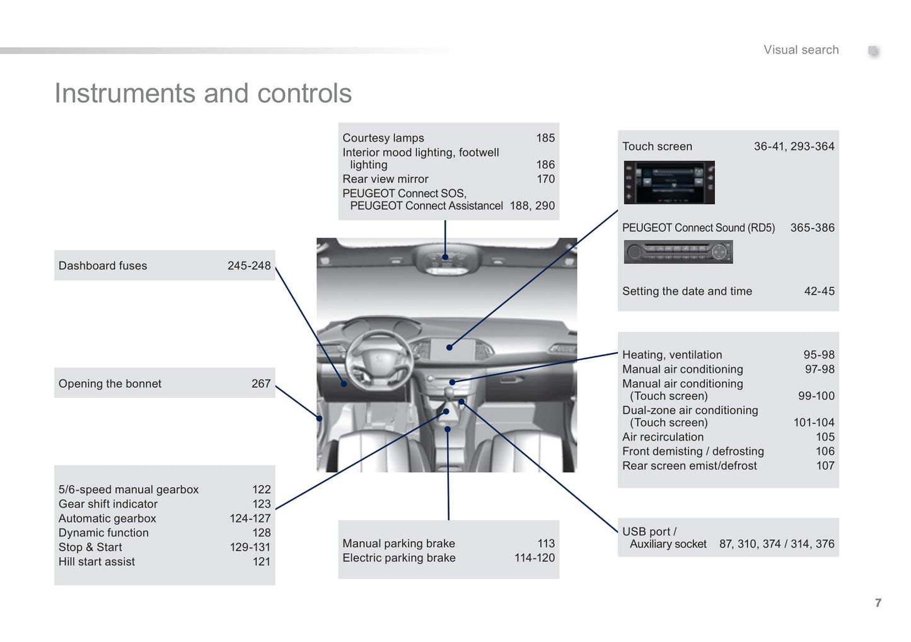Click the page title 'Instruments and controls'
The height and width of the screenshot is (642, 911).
[203, 94]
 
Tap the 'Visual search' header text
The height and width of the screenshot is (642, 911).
[801, 50]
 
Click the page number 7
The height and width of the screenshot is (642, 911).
[878, 603]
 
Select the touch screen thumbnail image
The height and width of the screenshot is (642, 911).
[669, 182]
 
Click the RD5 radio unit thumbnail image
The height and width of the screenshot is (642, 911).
[678, 252]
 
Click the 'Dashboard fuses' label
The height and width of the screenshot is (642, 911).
[103, 266]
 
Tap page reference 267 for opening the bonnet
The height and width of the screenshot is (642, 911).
[261, 384]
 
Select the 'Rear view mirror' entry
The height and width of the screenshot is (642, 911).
[385, 179]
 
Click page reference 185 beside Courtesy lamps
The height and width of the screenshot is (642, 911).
[545, 138]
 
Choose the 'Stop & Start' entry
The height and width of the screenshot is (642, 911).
[90, 547]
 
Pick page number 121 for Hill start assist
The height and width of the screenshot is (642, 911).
[262, 562]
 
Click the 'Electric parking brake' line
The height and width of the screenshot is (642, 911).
[399, 558]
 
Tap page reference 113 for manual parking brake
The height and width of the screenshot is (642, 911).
[546, 544]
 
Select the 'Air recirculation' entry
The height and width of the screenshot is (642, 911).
[663, 437]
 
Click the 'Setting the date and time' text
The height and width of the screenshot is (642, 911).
[687, 291]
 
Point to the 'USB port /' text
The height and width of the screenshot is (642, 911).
[649, 532]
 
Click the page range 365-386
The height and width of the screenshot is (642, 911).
[812, 228]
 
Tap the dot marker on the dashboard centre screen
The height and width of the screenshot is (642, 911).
[450, 347]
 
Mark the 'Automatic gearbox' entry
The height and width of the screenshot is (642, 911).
[107, 519]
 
